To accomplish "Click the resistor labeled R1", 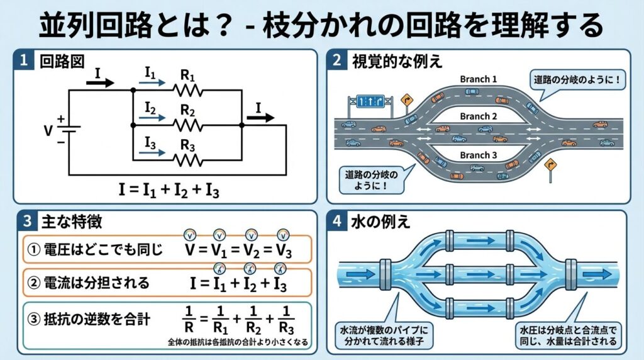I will click(x=188, y=91).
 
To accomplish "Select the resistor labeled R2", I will click(x=188, y=125).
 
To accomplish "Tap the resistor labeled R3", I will click(x=188, y=160).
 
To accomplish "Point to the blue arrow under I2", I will click(x=152, y=117).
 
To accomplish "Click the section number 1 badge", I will click(x=23, y=61).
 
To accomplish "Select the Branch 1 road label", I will click(x=479, y=79).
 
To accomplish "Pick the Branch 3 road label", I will click(x=479, y=155).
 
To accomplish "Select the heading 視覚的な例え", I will click(x=397, y=61).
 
